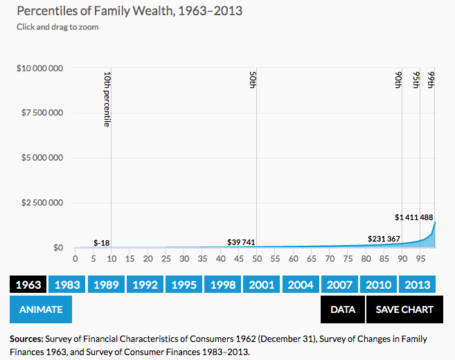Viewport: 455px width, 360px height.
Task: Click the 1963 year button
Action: pos(28,284)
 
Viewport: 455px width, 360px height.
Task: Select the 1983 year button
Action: pos(67,284)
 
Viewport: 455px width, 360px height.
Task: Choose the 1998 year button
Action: pos(223,284)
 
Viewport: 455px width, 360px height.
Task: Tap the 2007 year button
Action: pos(340,284)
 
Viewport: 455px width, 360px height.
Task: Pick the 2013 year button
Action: pos(418,284)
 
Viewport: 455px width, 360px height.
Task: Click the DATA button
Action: pos(343,309)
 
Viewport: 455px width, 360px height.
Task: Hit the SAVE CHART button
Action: pos(404,309)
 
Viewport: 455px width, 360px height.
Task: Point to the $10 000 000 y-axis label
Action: pos(40,69)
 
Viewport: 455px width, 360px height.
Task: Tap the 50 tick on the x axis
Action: pos(256,259)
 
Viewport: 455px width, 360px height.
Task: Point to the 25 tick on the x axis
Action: pos(166,259)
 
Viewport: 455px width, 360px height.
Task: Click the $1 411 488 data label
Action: pos(414,217)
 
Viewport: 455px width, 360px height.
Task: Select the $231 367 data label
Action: pos(384,238)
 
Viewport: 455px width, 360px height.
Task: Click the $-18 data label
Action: pos(101,242)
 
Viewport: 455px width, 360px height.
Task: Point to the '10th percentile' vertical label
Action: pos(107,98)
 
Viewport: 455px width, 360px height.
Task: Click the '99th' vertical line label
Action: pos(431,80)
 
